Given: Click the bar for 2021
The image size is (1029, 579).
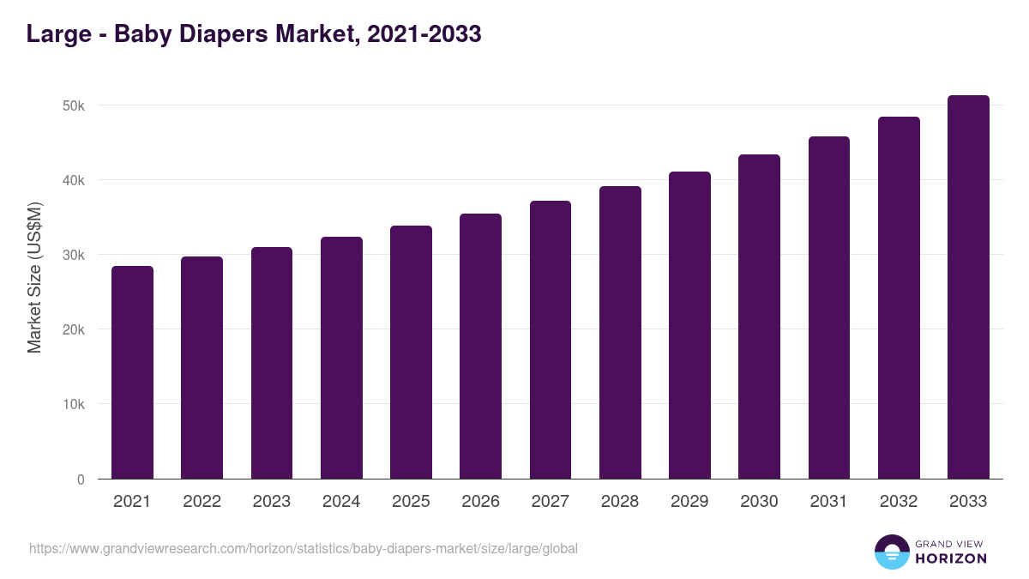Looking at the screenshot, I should [132, 372].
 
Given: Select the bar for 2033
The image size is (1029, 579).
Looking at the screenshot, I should [968, 287].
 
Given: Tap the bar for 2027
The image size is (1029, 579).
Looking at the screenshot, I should [550, 340].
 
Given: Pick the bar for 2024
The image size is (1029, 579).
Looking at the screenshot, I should [341, 358].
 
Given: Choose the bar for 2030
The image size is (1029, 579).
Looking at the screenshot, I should [759, 317].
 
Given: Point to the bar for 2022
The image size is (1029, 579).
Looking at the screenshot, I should [202, 368].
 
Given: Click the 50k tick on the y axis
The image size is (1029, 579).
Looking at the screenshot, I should [74, 106].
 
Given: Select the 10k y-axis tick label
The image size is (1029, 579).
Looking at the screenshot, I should [74, 405].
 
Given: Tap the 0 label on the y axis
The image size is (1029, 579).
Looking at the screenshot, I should [81, 479].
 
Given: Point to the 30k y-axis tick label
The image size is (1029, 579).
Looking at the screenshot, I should [74, 256].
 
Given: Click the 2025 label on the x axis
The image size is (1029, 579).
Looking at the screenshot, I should [411, 502].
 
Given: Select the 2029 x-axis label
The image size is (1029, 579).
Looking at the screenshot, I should [689, 502].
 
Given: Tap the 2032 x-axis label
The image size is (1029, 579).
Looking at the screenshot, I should [899, 502].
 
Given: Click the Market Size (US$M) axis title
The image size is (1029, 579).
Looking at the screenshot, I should [35, 278].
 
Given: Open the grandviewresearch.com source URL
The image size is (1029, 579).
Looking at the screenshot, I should [304, 548].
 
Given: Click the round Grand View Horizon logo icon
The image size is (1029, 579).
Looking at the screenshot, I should [891, 552].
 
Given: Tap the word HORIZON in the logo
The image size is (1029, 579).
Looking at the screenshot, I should [951, 558].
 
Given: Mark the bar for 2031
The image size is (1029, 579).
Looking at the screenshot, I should [829, 307].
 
